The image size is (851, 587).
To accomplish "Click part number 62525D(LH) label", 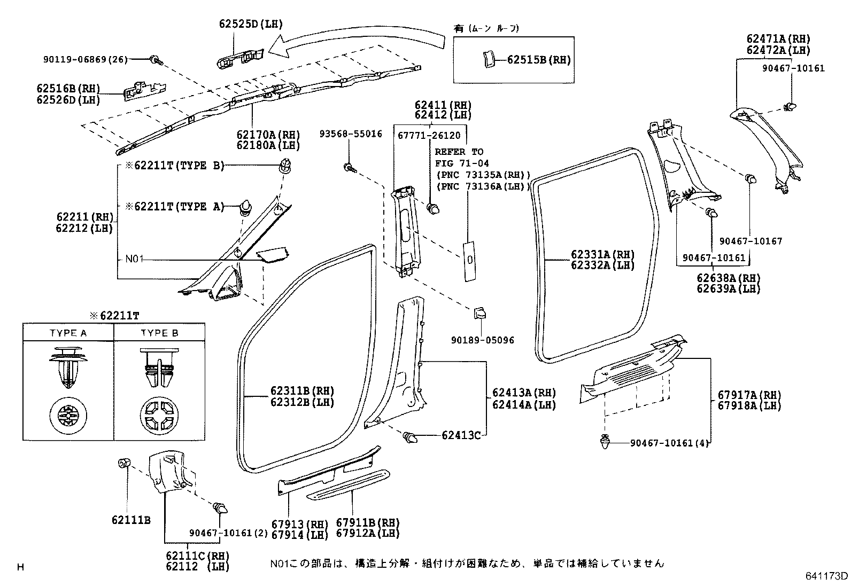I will coord(250,24).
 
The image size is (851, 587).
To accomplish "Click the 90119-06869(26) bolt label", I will coord(86,60).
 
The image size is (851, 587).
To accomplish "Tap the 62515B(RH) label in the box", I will coord(538,60).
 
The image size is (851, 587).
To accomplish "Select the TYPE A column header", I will coord(68,333).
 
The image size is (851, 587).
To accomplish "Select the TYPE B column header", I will coord(159,333).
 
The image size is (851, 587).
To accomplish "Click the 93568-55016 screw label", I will coord(351,134).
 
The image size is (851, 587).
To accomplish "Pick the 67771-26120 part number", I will coord(429,136).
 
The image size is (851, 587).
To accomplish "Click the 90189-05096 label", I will coord(482,340).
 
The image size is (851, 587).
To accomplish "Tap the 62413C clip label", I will coord(461,435).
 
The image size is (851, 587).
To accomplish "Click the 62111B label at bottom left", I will coord(131,519).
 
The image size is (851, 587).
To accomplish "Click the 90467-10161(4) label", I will coord(669,443).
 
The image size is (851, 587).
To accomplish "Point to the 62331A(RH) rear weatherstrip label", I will coord(602,254).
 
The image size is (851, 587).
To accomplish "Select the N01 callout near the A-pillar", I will coord(134,260).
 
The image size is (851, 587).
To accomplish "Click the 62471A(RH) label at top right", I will coord(778,39).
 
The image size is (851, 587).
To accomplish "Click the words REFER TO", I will coord(458,152).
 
